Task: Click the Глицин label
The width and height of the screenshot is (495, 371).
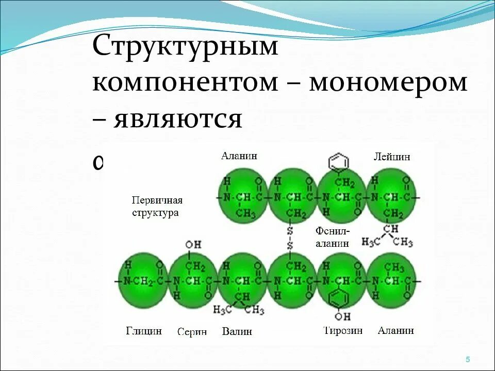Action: tap(144, 331)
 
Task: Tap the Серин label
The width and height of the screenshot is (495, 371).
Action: tap(192, 332)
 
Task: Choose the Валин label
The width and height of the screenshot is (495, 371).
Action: tap(237, 331)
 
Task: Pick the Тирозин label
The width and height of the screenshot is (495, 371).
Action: tap(343, 331)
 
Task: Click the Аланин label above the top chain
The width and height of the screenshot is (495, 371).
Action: tap(239, 156)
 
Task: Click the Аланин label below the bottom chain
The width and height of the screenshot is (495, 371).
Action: tap(396, 331)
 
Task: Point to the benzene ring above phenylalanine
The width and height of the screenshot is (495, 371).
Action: tap(339, 162)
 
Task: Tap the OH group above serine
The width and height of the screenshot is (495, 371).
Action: tap(193, 244)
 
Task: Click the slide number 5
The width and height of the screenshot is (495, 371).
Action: tap(468, 359)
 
